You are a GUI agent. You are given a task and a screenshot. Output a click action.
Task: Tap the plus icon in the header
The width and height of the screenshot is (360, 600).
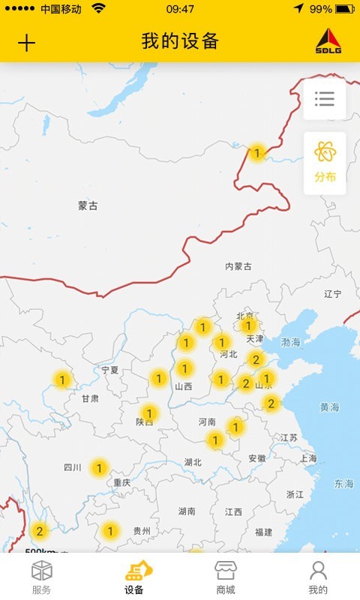[x=26, y=43]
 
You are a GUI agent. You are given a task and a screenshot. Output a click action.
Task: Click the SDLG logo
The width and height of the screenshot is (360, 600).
[x=328, y=41]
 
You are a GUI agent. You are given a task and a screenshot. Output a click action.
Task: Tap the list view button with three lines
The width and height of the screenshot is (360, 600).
[x=325, y=99]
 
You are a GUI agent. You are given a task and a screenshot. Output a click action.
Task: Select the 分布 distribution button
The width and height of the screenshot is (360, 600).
[x=325, y=163]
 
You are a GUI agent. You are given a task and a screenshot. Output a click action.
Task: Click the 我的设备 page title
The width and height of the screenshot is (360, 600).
[x=180, y=41]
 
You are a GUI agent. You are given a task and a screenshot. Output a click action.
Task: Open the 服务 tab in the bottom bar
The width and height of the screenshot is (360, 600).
[x=42, y=577]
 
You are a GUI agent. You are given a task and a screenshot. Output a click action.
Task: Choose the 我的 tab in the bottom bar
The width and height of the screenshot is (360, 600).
[x=318, y=577]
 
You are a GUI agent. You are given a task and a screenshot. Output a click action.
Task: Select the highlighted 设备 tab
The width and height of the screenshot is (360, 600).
[x=134, y=577]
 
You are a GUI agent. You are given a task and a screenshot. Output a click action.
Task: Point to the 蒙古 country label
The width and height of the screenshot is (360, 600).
[x=88, y=205]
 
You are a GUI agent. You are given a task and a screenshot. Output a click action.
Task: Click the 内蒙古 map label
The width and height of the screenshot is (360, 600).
[x=238, y=266]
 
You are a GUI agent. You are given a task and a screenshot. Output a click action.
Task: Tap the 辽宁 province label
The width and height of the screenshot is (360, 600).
[x=333, y=294]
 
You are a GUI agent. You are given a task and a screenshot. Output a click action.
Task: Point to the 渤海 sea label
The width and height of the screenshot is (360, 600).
[x=291, y=342]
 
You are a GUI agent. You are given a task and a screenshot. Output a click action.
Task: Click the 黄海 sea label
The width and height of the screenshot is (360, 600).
[x=329, y=407]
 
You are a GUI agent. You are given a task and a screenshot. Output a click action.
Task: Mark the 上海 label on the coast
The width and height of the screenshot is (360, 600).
[x=307, y=458]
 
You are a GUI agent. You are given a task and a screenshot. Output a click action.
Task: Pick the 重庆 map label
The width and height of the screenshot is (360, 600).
[x=122, y=483]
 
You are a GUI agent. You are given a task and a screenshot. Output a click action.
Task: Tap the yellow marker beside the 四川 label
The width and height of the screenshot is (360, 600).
[x=98, y=469]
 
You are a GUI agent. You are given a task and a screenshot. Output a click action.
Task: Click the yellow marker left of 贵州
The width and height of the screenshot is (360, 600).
[x=110, y=531]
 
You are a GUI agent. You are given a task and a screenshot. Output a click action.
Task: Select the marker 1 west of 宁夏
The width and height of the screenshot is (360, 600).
[x=62, y=379]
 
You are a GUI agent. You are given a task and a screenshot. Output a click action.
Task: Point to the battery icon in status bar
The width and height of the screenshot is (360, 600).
[x=344, y=9]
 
